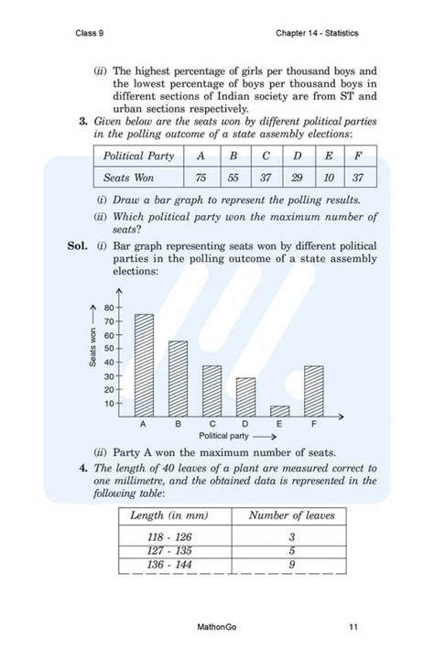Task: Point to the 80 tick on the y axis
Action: [x=109, y=308]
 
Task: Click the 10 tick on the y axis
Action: [x=109, y=403]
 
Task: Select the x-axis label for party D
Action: [x=244, y=425]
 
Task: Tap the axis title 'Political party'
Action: [x=225, y=436]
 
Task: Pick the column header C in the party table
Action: [x=265, y=156]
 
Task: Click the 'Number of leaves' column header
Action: [x=290, y=515]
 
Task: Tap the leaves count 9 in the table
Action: [x=290, y=568]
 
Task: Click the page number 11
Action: [x=353, y=627]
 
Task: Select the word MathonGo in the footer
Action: [x=217, y=627]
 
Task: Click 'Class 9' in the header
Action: [x=92, y=34]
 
